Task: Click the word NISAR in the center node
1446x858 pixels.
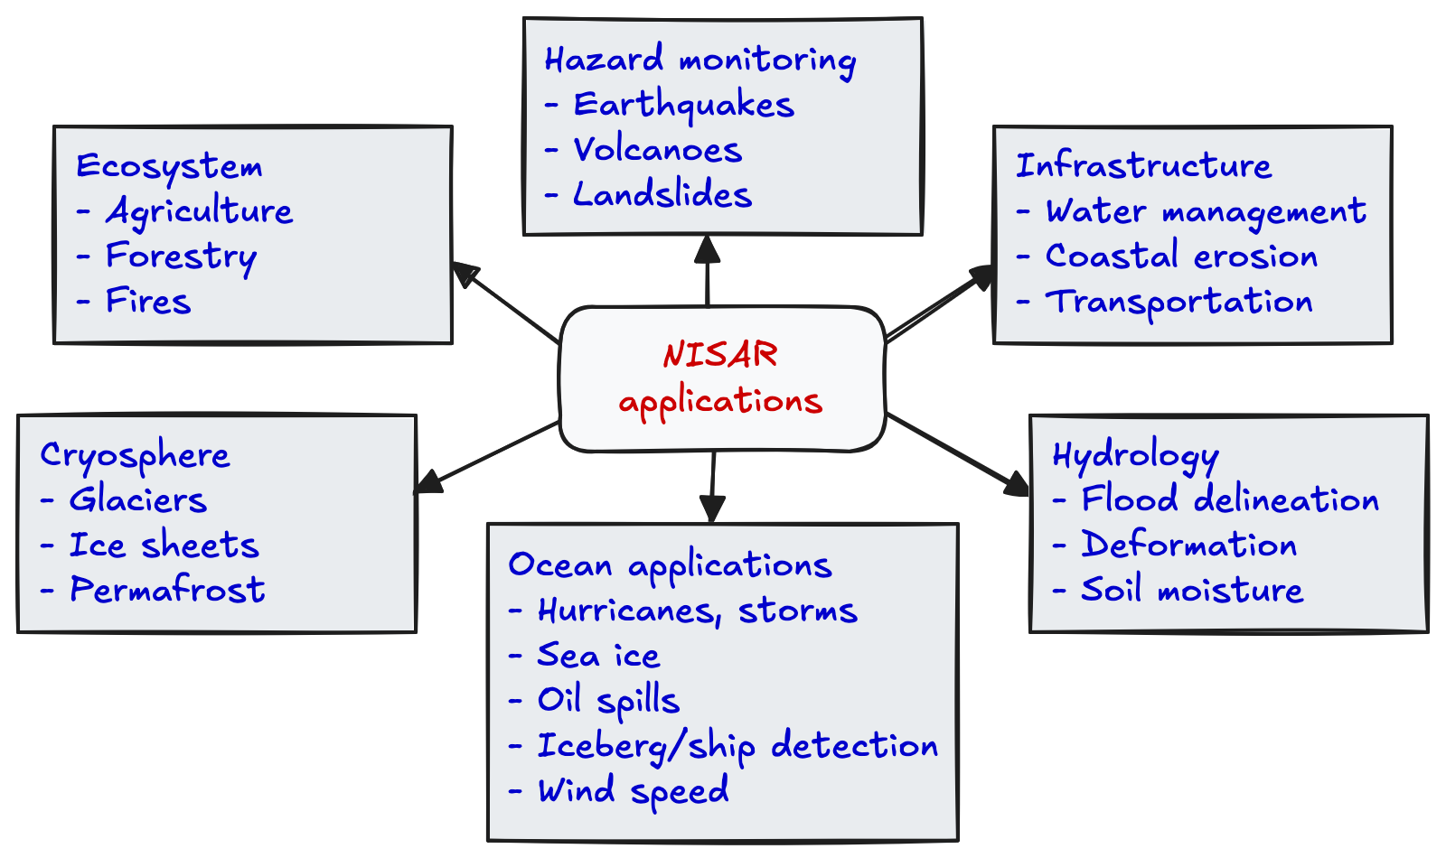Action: coord(720,355)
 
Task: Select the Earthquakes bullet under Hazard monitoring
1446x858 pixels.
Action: coord(683,106)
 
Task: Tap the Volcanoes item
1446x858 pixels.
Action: coord(657,150)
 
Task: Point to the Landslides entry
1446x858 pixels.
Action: coord(662,195)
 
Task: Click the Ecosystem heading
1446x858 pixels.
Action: coord(169,166)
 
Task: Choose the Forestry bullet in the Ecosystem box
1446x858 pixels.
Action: coord(181,256)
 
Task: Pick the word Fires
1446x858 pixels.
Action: coord(148,302)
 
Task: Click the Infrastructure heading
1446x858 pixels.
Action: coord(1143,166)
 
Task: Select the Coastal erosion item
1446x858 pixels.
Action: coord(1181,256)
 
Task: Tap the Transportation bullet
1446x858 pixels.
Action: coord(1178,302)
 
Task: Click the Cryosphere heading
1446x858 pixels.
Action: coord(135,455)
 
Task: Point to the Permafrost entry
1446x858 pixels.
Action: coord(167,591)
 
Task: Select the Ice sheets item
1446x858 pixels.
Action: coord(164,546)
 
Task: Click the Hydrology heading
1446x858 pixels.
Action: coord(1135,455)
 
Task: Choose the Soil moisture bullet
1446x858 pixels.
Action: coord(1192,591)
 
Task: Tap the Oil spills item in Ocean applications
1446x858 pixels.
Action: coord(608,701)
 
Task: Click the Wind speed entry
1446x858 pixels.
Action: coord(633,791)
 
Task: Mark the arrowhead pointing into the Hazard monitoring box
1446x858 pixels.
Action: coord(707,247)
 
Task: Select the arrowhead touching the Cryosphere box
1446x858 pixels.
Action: coord(427,483)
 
